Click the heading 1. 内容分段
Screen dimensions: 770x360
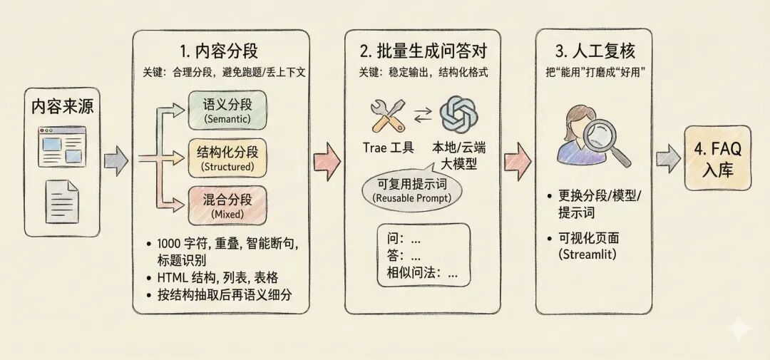[x=220, y=51]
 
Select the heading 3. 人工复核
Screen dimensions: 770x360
[x=593, y=51]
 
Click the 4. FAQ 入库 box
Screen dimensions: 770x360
[x=717, y=158]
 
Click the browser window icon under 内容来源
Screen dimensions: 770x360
[x=62, y=146]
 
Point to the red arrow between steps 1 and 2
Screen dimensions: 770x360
[x=327, y=158]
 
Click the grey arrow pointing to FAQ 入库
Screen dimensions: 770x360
[x=667, y=158]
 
